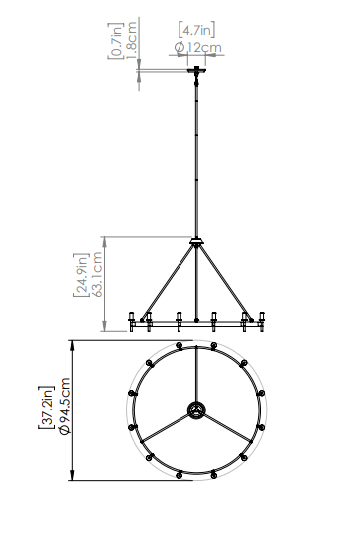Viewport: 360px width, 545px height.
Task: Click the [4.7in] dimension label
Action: [x=196, y=30]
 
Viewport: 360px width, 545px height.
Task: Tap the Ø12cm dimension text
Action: [x=197, y=47]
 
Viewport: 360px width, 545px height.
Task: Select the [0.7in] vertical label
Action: [x=116, y=41]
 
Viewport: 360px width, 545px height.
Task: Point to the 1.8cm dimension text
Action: [x=131, y=40]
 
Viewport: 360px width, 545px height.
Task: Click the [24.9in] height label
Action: [x=82, y=275]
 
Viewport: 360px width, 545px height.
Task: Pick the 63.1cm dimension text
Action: [x=97, y=274]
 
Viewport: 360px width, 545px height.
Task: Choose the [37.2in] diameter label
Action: [x=46, y=408]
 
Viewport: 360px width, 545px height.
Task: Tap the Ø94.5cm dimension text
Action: [x=65, y=406]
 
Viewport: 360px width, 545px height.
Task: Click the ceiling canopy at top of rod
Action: [x=196, y=70]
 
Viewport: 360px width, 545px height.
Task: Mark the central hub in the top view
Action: [x=196, y=410]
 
